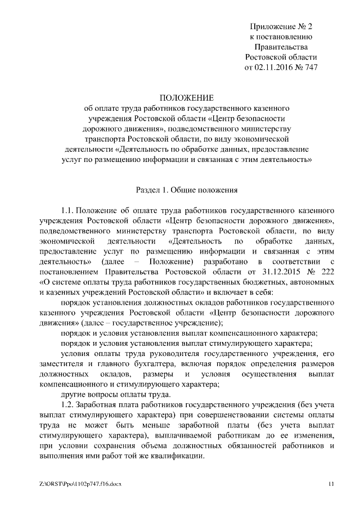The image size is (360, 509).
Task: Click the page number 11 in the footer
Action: click(x=331, y=484)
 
